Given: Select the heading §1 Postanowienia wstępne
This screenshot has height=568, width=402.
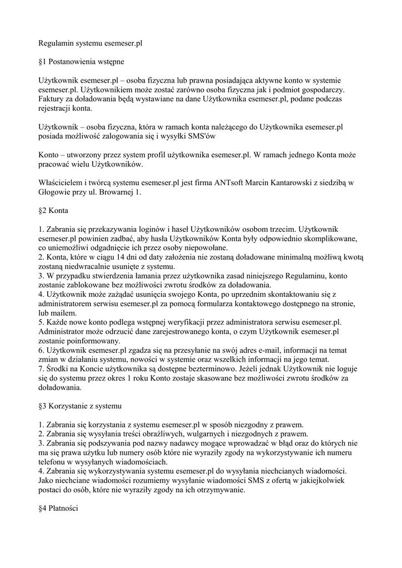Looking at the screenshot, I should click(x=81, y=61).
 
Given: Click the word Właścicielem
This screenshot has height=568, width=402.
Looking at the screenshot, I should click(x=61, y=182).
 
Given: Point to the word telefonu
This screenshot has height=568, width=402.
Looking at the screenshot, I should click(x=53, y=462).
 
